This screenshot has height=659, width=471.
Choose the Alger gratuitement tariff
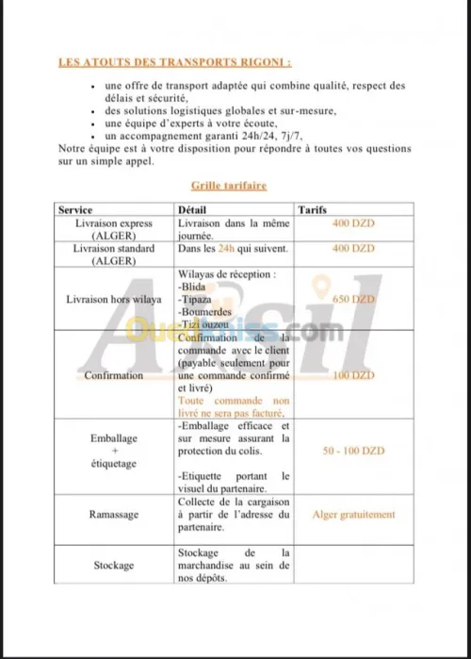[353, 515]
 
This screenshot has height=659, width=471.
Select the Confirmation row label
[114, 375]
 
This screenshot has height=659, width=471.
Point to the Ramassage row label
[114, 515]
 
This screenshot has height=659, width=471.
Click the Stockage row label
[114, 566]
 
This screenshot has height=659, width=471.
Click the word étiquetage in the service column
[114, 464]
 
